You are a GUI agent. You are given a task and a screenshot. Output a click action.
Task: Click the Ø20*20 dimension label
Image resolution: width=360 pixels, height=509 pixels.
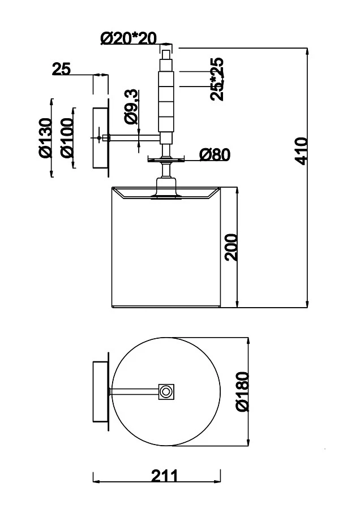[128, 38]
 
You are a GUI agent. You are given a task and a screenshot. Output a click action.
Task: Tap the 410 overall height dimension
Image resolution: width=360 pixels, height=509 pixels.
[302, 151]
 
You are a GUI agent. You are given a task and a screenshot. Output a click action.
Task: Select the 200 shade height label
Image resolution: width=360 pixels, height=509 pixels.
[232, 247]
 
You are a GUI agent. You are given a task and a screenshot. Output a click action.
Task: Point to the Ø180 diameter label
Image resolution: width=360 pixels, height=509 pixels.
[243, 392]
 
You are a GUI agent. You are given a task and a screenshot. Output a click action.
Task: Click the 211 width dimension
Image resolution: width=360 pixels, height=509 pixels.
[165, 476]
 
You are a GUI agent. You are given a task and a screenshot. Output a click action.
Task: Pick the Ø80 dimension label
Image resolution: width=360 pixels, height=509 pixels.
[215, 154]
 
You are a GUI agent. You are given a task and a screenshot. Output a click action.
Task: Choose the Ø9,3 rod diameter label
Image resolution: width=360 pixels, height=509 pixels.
[131, 107]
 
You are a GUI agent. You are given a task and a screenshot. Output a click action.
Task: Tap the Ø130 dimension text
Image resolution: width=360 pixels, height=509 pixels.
[45, 138]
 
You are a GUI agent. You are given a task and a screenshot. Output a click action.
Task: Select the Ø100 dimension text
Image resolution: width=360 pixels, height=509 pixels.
[67, 138]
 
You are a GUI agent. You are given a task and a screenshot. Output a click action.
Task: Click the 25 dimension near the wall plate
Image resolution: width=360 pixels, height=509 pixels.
[61, 69]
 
